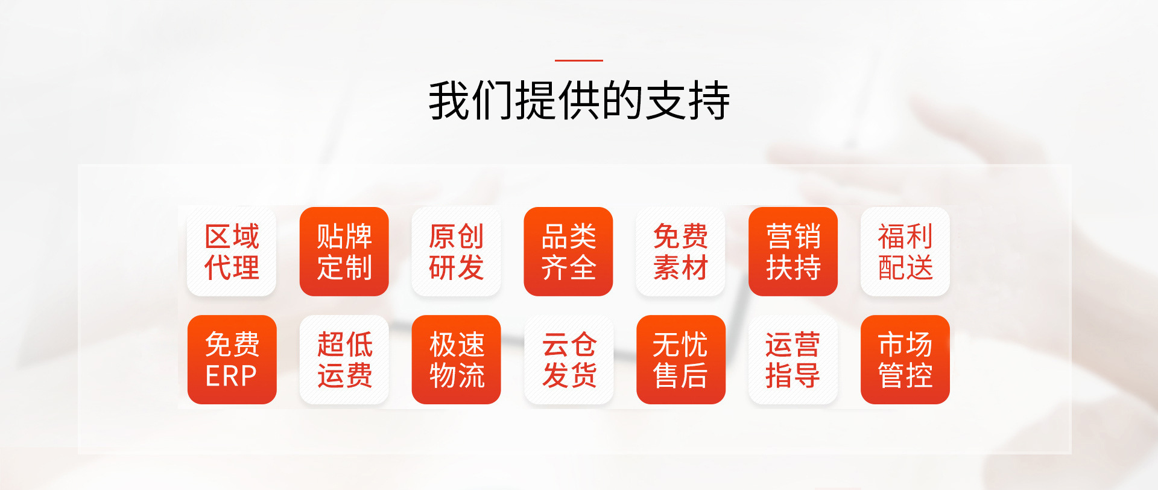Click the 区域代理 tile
click(232, 252)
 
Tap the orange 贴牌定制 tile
click(344, 252)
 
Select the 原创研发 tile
click(456, 252)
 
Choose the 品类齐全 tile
click(568, 252)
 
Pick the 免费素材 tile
click(680, 252)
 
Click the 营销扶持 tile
click(793, 252)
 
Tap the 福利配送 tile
click(905, 252)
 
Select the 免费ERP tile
click(232, 360)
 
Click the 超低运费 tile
click(344, 360)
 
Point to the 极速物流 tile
click(456, 360)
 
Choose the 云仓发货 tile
click(568, 360)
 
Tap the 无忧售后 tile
click(680, 360)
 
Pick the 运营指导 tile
click(793, 360)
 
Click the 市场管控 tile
click(905, 360)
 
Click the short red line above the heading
click(579, 60)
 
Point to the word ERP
click(231, 377)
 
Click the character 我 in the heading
click(449, 100)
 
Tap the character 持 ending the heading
click(709, 100)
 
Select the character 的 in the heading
click(622, 100)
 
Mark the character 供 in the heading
click(579, 100)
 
